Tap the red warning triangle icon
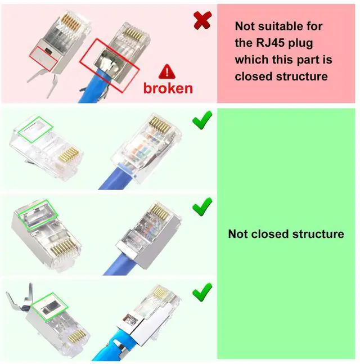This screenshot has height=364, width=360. coord(167,71)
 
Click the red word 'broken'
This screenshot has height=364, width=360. coord(168,88)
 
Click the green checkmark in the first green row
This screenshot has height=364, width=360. coord(202,120)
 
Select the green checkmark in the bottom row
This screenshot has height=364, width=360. coord(202,291)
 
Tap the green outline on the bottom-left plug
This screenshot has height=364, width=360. coord(49,307)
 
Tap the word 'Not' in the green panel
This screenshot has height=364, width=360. coord(238,233)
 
